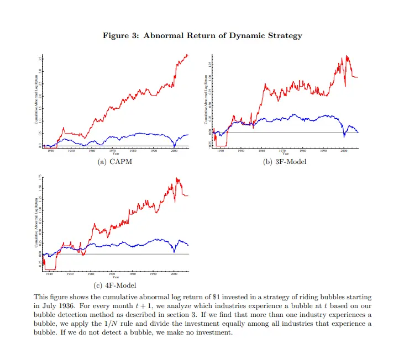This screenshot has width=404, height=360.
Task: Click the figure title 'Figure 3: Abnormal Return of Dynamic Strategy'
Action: click(202, 36)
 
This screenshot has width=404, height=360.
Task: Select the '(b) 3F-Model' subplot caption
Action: click(285, 162)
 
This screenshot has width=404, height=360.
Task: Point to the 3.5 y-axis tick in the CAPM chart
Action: click(40, 58)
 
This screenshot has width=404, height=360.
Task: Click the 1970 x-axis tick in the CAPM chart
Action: click(112, 150)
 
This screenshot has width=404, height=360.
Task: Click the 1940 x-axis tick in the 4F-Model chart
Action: click(50, 273)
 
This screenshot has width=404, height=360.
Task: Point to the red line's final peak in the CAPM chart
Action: click(187, 55)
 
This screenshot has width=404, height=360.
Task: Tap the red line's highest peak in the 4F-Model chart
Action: click(177, 178)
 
